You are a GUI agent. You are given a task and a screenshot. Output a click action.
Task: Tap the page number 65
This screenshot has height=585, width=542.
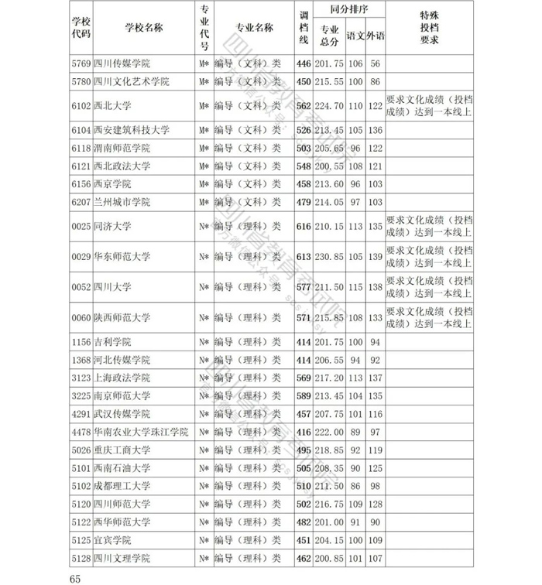[75, 578]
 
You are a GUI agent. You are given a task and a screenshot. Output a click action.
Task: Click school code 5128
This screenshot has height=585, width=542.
[81, 558]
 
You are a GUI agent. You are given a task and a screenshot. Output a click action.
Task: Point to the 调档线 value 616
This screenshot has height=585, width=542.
[304, 227]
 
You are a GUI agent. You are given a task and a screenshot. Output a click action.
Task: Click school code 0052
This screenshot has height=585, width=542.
[81, 287]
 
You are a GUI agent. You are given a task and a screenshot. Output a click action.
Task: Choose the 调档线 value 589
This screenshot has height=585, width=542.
[304, 396]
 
